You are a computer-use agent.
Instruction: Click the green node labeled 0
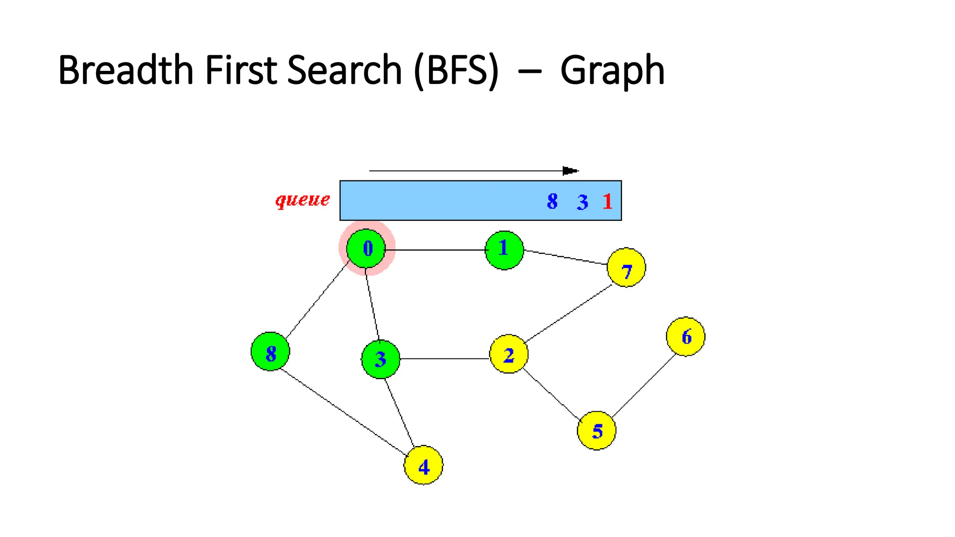coord(367,248)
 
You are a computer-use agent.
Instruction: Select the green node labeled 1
coord(504,250)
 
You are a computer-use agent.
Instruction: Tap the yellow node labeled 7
coord(626,268)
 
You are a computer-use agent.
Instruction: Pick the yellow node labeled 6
coord(685,337)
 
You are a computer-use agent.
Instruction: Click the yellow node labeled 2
coord(509,354)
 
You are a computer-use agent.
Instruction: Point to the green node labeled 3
coord(381,359)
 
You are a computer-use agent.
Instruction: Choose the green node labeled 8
coord(270,352)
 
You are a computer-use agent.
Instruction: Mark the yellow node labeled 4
coord(423,465)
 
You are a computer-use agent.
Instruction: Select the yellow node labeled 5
coord(596,430)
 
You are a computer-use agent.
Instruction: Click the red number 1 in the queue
coord(607,201)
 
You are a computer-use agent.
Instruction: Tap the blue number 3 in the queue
coord(582,202)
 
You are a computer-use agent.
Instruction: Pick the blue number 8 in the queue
coord(553,201)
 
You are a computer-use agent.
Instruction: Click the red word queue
coord(302,200)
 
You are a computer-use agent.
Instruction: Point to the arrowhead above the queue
coord(570,171)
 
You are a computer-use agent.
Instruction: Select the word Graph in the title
coord(612,71)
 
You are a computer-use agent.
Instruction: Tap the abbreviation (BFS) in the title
coord(456,71)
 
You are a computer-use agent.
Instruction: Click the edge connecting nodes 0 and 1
coord(436,250)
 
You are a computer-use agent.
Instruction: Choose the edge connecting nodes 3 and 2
coord(444,359)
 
